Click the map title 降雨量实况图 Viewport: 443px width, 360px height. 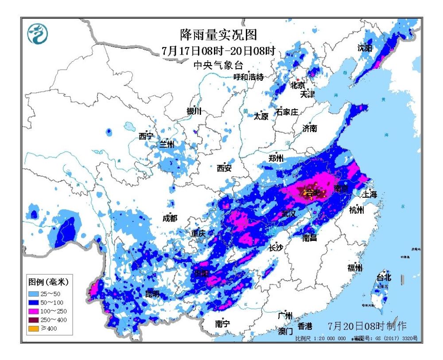click(218, 34)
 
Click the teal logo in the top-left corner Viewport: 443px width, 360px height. click(38, 34)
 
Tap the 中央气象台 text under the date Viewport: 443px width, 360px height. click(218, 65)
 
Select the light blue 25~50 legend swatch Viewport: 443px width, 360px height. click(35, 294)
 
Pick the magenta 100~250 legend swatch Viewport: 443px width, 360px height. click(35, 311)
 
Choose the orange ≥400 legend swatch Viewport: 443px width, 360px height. click(35, 329)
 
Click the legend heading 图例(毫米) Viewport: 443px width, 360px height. click(48, 282)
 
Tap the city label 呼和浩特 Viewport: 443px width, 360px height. click(249, 77)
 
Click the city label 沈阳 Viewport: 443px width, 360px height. click(365, 48)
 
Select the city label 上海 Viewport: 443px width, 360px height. click(369, 194)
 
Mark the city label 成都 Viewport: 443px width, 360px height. click(170, 218)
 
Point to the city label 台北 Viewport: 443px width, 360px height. click(384, 278)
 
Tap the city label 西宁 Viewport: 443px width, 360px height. click(146, 136)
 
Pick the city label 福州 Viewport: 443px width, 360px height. click(355, 267)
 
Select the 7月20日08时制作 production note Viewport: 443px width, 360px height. click(367, 326)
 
